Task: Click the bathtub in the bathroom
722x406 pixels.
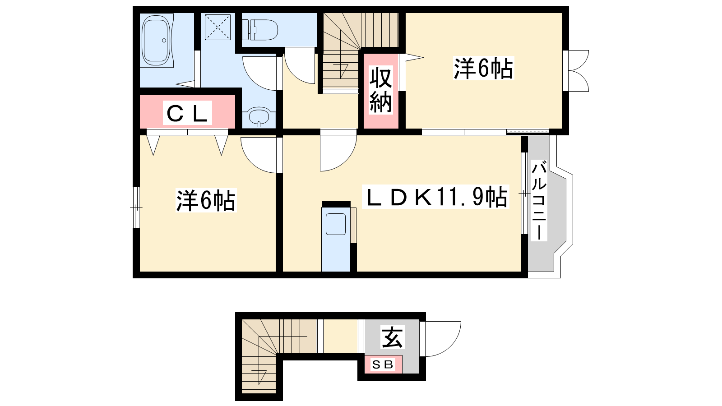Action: [x=156, y=40]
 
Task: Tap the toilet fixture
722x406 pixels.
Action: [x=260, y=30]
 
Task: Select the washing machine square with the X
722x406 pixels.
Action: [x=218, y=27]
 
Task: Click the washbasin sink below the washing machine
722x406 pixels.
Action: [x=259, y=116]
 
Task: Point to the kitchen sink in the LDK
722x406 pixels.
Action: [x=336, y=224]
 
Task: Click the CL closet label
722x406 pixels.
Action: [x=187, y=113]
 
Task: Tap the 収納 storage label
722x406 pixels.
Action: [x=381, y=90]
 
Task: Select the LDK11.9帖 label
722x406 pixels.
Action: [x=435, y=196]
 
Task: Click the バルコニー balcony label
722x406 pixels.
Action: [x=539, y=200]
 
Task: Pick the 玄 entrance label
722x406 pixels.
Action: [x=393, y=337]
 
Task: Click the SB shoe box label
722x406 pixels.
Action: [x=383, y=364]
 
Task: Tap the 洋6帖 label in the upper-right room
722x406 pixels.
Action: [x=483, y=68]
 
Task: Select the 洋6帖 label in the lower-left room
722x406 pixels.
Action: [x=206, y=200]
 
